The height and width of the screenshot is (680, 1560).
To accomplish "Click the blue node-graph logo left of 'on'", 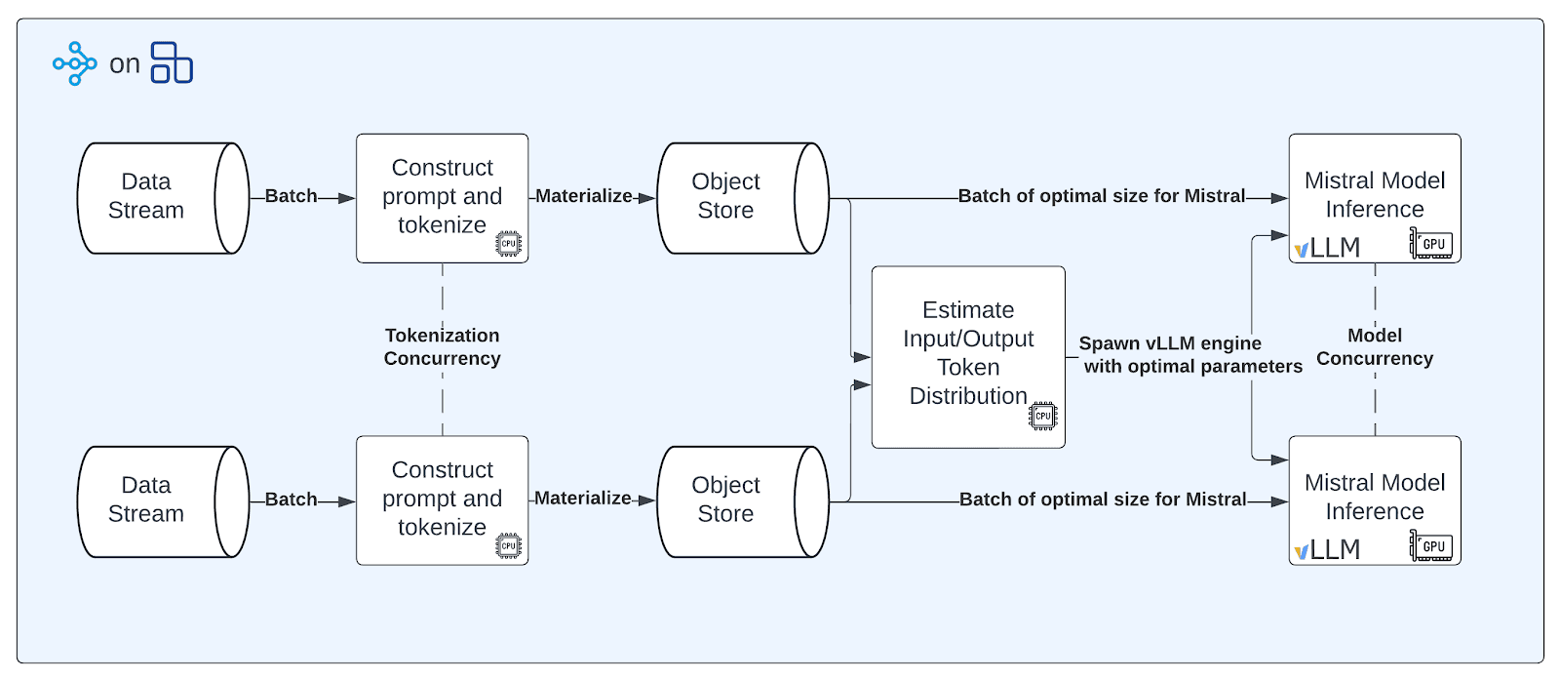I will pyautogui.click(x=75, y=63).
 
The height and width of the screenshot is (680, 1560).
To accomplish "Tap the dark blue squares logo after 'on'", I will pyautogui.click(x=172, y=62).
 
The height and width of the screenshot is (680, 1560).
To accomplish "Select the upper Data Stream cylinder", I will pyautogui.click(x=162, y=198).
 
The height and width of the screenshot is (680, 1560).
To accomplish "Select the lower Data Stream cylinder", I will pyautogui.click(x=162, y=501).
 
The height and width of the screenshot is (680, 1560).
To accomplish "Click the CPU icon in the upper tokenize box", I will pyautogui.click(x=508, y=244).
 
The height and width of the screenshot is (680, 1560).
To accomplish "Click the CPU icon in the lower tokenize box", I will pyautogui.click(x=508, y=546).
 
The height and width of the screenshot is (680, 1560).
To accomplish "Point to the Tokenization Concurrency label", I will pyautogui.click(x=442, y=347).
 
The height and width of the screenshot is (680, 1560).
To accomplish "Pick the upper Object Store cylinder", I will pyautogui.click(x=742, y=198).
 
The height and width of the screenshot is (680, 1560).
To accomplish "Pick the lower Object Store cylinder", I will pyautogui.click(x=742, y=501).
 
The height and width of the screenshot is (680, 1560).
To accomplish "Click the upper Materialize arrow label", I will pyautogui.click(x=583, y=196).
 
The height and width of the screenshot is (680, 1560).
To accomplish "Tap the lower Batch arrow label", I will pyautogui.click(x=291, y=500).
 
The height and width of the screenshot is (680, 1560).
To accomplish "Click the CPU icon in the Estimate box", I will pyautogui.click(x=1042, y=416).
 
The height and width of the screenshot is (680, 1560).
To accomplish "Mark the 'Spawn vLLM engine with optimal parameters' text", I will pyautogui.click(x=1189, y=355).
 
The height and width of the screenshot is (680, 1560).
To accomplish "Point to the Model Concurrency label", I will pyautogui.click(x=1374, y=347).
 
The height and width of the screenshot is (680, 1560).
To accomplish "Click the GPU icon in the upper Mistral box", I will pyautogui.click(x=1430, y=244).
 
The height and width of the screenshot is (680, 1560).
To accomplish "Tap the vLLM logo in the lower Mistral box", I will pyautogui.click(x=1326, y=550).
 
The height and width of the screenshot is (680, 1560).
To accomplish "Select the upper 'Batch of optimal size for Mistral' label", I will pyautogui.click(x=1101, y=196).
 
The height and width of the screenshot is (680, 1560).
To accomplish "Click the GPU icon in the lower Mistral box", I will pyautogui.click(x=1430, y=546).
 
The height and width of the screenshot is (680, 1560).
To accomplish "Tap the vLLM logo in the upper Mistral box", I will pyautogui.click(x=1326, y=248).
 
